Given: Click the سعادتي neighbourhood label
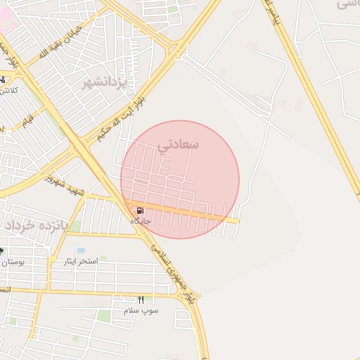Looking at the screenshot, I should click(179, 145).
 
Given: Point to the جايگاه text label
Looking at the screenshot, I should click(140, 221).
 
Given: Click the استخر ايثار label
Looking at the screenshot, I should click(82, 261).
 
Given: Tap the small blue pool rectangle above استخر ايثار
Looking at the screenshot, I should click(81, 250).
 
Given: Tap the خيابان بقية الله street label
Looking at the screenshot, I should click(64, 42).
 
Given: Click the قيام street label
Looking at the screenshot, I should click(27, 121).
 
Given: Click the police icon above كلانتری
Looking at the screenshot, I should click(4, 79).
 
